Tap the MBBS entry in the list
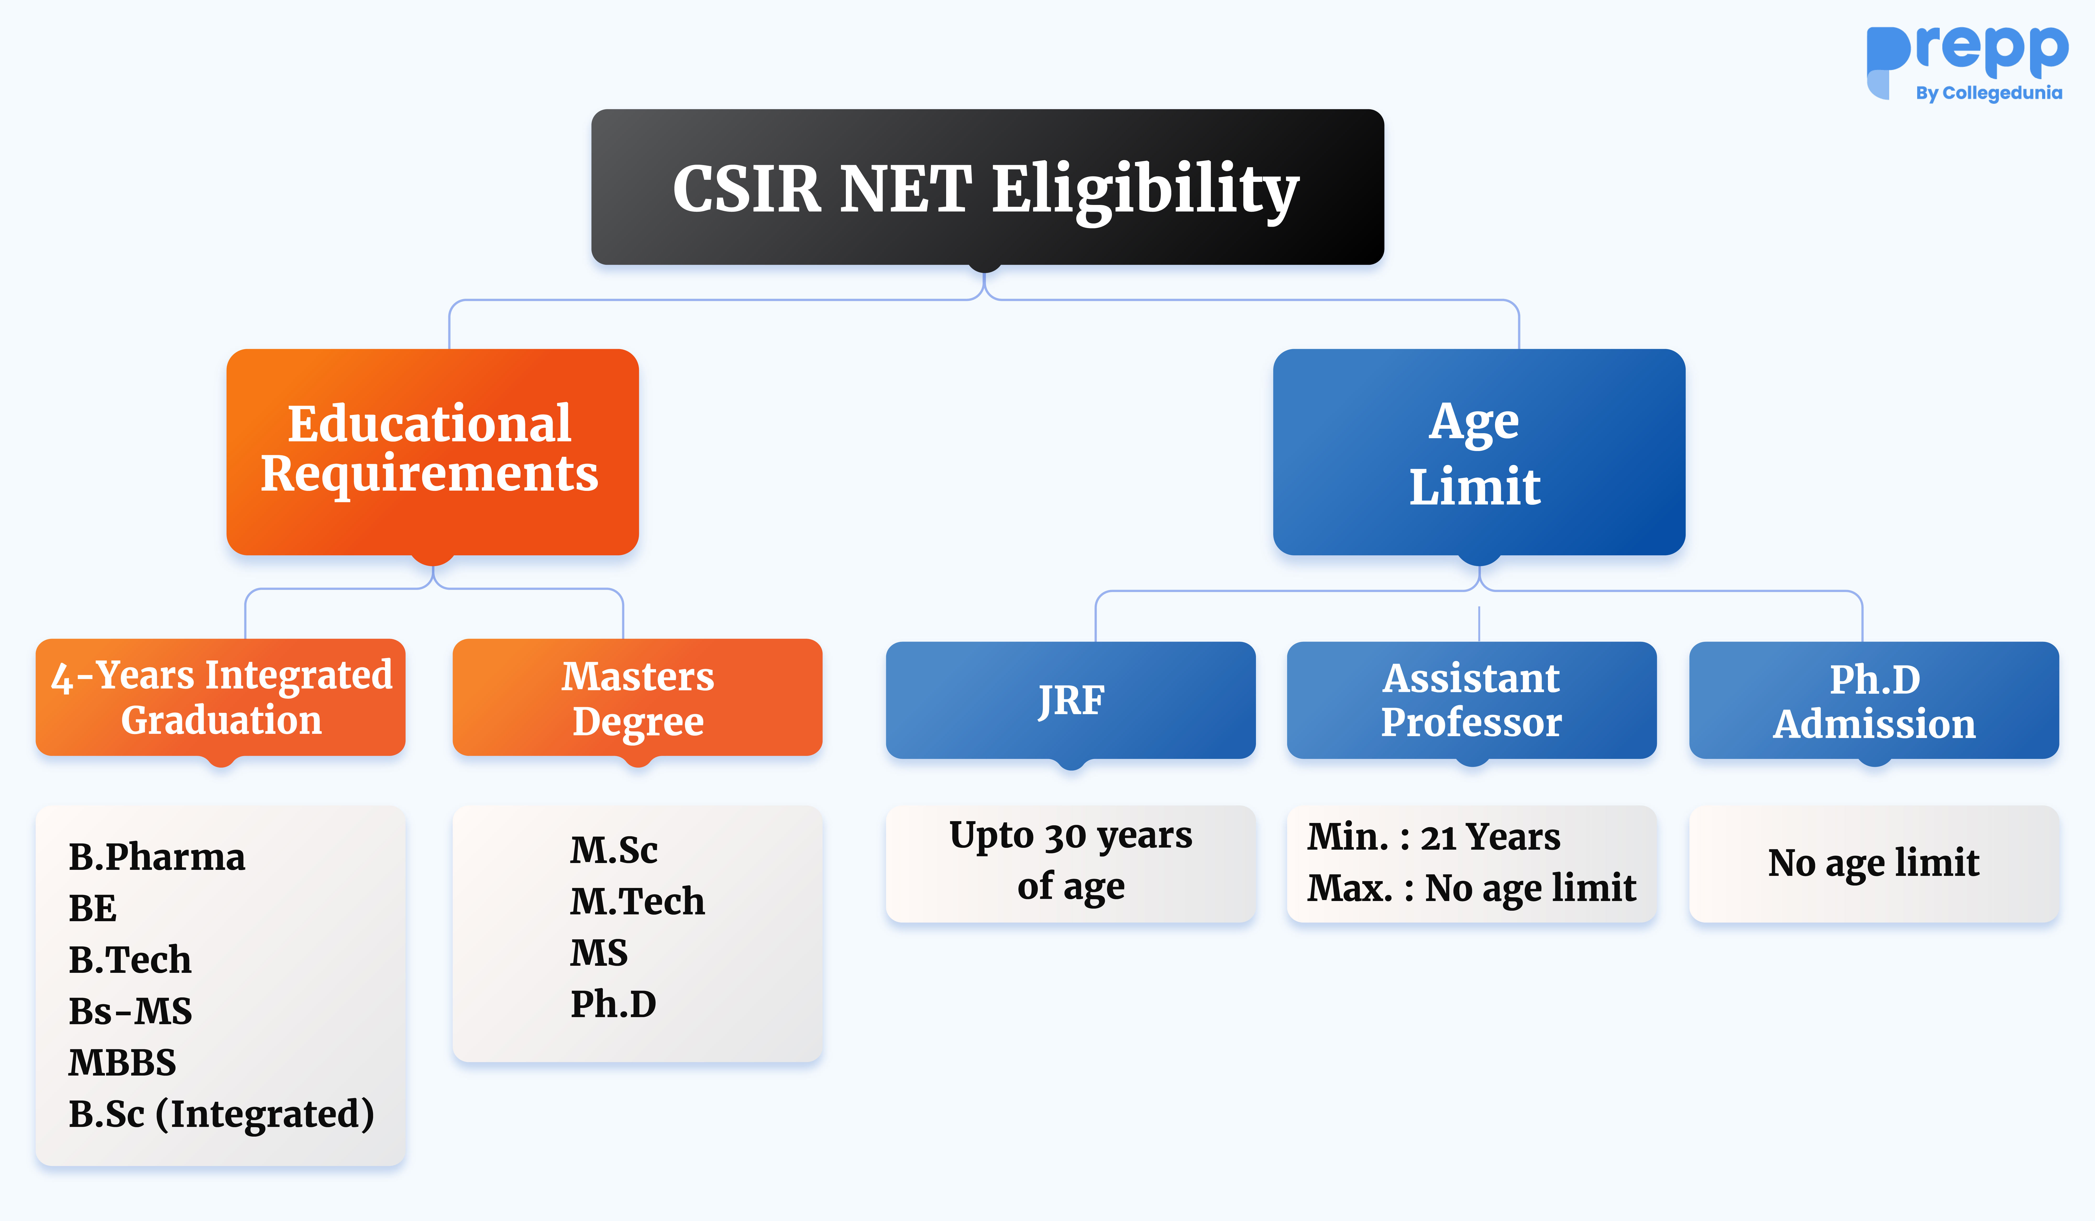point(122,1062)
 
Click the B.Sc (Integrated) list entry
point(221,1114)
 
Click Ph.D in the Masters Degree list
point(613,1004)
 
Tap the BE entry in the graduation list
point(92,908)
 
